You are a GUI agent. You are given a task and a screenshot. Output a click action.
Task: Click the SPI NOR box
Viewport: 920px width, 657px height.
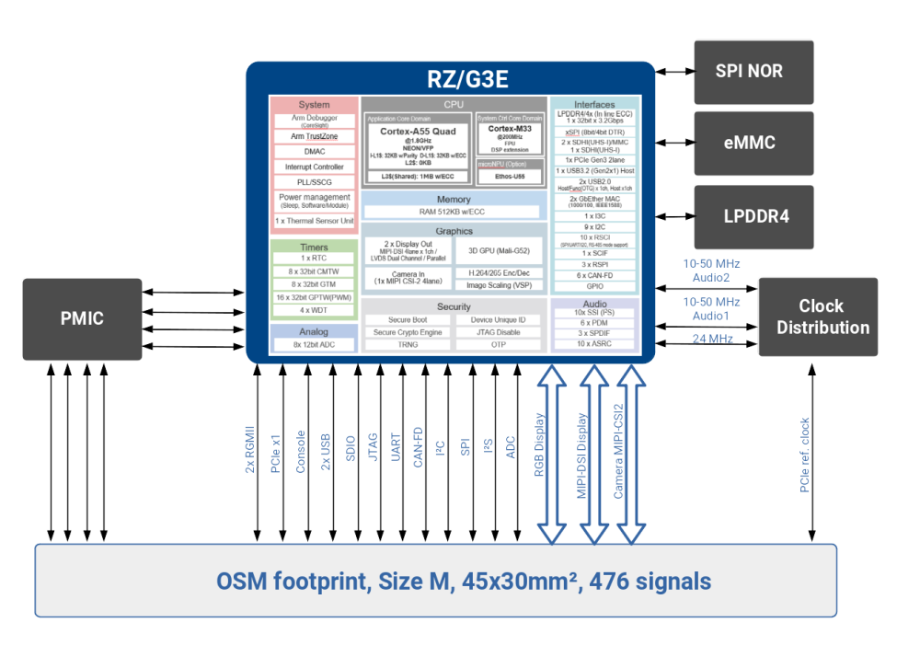point(750,72)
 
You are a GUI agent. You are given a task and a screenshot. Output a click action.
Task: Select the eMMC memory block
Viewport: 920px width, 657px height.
point(750,143)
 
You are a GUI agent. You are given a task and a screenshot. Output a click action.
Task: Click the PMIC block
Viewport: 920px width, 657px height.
point(82,318)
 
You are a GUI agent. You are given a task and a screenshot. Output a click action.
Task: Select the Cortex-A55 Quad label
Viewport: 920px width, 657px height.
point(418,132)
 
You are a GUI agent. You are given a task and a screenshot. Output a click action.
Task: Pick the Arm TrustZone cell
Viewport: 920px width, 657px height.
point(314,136)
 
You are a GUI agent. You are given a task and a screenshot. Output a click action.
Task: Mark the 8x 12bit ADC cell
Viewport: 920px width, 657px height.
point(314,345)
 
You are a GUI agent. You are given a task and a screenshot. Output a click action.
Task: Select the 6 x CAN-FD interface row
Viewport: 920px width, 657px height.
point(594,275)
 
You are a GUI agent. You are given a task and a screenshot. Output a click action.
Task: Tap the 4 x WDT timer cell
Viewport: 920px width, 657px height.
point(314,310)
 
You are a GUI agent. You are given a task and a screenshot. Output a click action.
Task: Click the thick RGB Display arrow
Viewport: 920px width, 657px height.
point(552,451)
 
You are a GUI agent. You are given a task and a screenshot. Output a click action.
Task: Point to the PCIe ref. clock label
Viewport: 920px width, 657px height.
point(806,455)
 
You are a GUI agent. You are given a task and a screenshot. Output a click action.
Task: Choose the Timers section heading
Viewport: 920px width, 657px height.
point(314,248)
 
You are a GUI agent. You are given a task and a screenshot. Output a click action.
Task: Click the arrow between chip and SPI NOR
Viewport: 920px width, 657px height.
point(673,72)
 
